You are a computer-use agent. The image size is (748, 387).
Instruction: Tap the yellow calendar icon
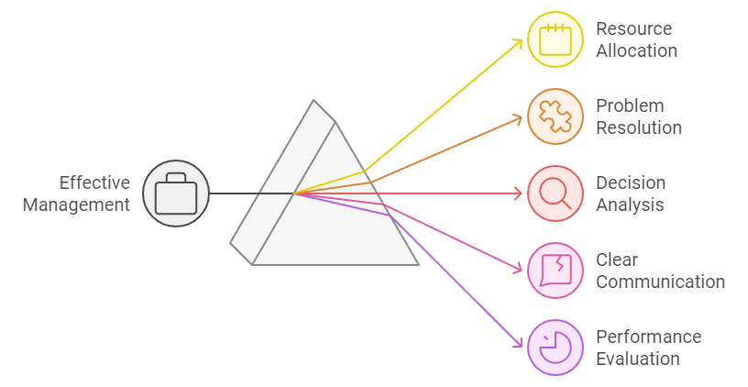555,39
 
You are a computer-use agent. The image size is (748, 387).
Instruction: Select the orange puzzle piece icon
555,116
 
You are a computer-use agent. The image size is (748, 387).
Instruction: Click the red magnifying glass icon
555,193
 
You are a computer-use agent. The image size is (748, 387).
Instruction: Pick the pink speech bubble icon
555,271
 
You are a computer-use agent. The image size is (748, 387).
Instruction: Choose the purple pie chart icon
555,348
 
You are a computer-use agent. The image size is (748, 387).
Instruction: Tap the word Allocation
636,50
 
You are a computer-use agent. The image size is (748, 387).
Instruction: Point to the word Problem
630,105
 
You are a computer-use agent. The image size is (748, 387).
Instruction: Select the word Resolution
639,127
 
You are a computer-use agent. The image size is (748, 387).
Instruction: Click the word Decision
631,182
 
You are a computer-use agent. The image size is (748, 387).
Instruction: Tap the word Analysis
630,205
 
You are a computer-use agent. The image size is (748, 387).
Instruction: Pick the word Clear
617,260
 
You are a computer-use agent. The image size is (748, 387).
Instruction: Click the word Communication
660,282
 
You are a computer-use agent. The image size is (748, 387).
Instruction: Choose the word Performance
649,337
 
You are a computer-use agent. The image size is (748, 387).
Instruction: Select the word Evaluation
638,359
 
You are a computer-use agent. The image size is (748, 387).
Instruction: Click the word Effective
94,182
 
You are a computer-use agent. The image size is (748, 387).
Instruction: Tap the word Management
76,205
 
